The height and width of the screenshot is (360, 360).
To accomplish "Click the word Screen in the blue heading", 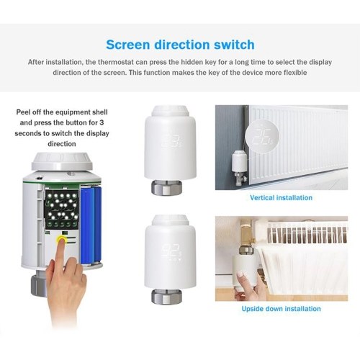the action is tap(128, 45).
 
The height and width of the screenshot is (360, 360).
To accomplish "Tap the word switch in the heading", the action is tap(234, 45).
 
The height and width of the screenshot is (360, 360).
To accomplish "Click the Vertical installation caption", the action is tap(282, 198).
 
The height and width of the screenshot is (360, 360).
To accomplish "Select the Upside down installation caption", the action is tap(282, 309).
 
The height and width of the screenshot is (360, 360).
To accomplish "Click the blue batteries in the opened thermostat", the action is tap(91, 225).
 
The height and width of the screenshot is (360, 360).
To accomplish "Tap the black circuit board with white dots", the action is tap(62, 208).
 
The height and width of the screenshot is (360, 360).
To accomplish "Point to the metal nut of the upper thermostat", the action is tap(166, 187).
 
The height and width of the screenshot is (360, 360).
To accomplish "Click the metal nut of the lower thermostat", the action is tap(166, 296).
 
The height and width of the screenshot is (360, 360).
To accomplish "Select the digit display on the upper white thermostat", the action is tap(171, 141).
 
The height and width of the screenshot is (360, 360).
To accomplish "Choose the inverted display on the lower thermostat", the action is tap(171, 252).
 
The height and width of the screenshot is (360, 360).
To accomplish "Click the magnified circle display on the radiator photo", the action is tap(262, 136).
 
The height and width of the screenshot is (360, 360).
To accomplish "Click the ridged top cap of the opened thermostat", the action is tap(62, 161).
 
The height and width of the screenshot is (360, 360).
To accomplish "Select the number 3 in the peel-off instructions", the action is tap(102, 122).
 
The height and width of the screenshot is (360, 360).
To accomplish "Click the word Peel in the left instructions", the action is tap(23, 112).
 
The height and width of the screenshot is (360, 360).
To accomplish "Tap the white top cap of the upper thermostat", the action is tap(170, 111).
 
